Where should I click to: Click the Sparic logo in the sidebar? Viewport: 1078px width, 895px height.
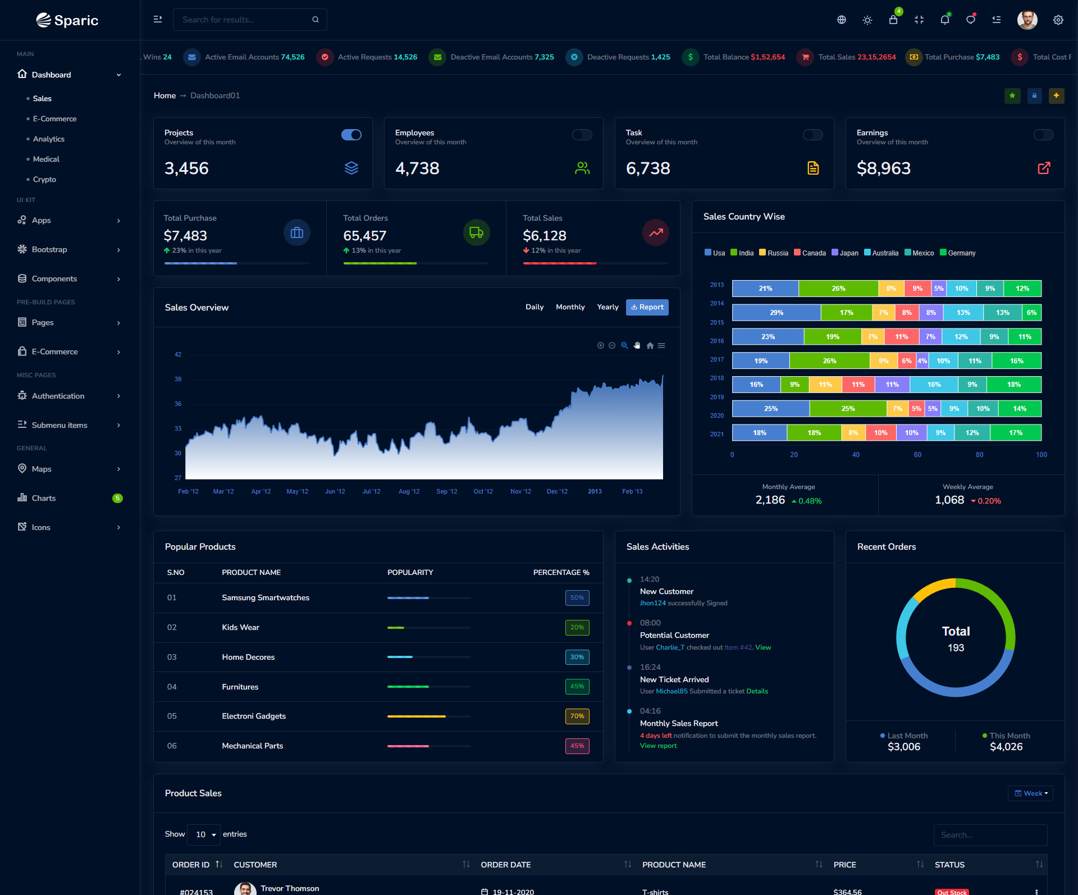pos(67,20)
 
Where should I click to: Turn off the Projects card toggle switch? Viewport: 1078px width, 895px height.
pos(351,135)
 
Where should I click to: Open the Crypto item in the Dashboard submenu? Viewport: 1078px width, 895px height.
pos(44,179)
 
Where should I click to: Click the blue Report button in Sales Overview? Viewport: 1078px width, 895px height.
pos(647,307)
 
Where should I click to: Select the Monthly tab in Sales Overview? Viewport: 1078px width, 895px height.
pos(570,307)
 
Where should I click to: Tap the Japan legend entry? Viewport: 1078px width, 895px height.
pos(845,253)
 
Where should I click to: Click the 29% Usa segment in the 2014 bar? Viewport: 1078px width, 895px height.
pos(776,313)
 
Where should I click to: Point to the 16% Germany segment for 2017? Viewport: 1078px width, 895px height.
pos(1016,360)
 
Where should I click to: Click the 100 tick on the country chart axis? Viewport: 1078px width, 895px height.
pos(1041,455)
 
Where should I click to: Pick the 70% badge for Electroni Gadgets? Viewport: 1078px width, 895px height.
pos(577,716)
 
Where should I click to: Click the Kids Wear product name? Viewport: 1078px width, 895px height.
pos(240,627)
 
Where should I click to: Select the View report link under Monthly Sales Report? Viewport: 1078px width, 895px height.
pos(658,746)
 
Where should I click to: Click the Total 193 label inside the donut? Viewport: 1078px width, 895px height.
pos(956,638)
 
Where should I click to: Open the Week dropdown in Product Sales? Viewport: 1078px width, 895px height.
pos(1030,793)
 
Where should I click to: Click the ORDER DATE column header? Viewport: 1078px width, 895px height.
pos(506,865)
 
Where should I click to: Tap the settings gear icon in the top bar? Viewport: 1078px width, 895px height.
pos(1058,20)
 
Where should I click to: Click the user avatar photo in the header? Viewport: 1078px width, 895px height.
pos(1027,20)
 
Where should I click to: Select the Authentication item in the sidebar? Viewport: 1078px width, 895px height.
pos(58,396)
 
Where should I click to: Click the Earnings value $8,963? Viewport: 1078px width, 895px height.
pos(883,168)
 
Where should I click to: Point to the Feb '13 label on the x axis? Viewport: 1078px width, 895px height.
pos(632,491)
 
